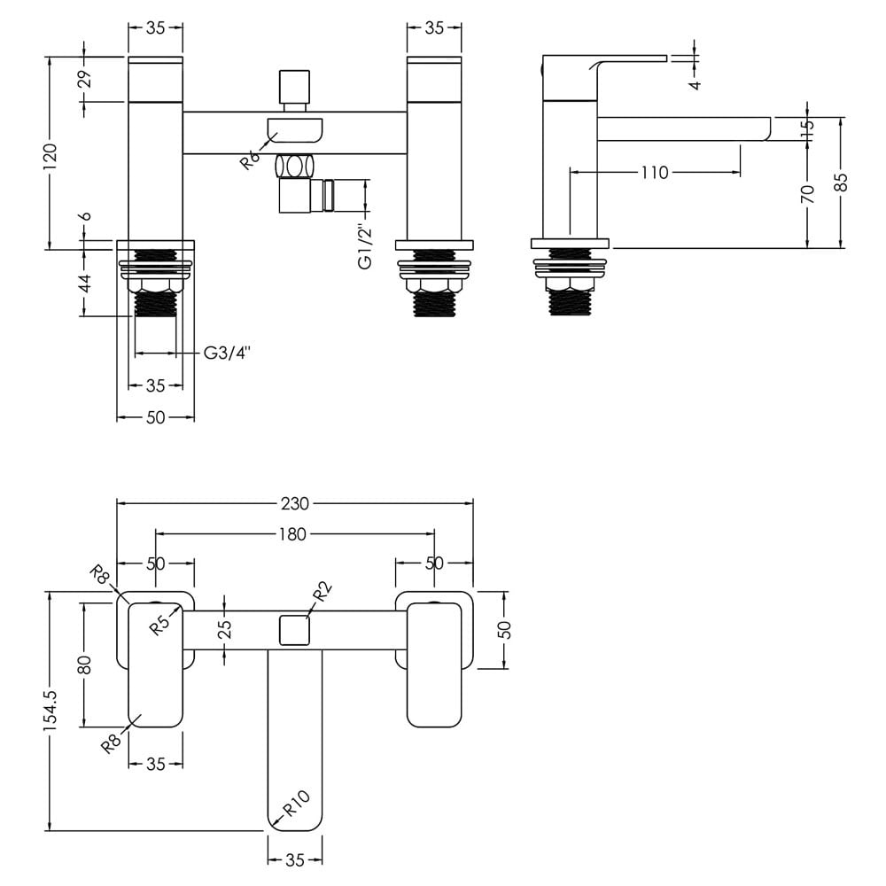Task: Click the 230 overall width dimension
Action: pyautogui.click(x=295, y=503)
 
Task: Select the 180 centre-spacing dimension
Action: pyautogui.click(x=292, y=534)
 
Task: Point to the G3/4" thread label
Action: pyautogui.click(x=227, y=354)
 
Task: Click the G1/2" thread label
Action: pyautogui.click(x=366, y=247)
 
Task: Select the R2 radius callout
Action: pyautogui.click(x=321, y=594)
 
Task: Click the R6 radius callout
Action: pyautogui.click(x=250, y=159)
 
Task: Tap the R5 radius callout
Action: pyautogui.click(x=160, y=624)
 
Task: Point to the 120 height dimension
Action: pyautogui.click(x=50, y=153)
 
